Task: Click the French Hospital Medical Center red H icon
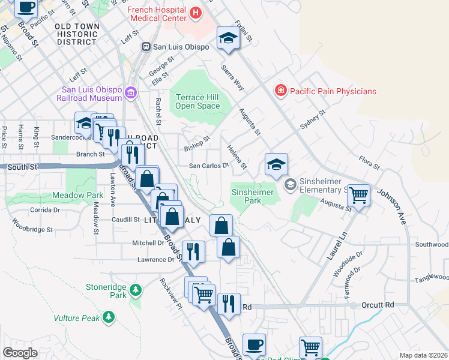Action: pos(195,12)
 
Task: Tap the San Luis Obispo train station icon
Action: pos(145,47)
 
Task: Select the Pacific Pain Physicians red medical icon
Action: pos(280,91)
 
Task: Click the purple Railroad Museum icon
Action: pos(131,93)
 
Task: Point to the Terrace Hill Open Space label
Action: pos(197,101)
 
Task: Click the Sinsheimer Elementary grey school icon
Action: pos(291,184)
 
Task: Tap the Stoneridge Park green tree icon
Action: pos(136,290)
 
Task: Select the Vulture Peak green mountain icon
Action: pos(109,316)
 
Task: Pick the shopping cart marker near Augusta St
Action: pos(358,194)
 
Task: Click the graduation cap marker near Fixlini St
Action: pos(228,38)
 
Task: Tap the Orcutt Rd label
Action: pos(378,305)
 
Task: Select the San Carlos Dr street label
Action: pos(209,166)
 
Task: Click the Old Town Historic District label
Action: pos(76,34)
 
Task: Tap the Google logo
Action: pos(20,352)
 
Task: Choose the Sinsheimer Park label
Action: pos(253,196)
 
